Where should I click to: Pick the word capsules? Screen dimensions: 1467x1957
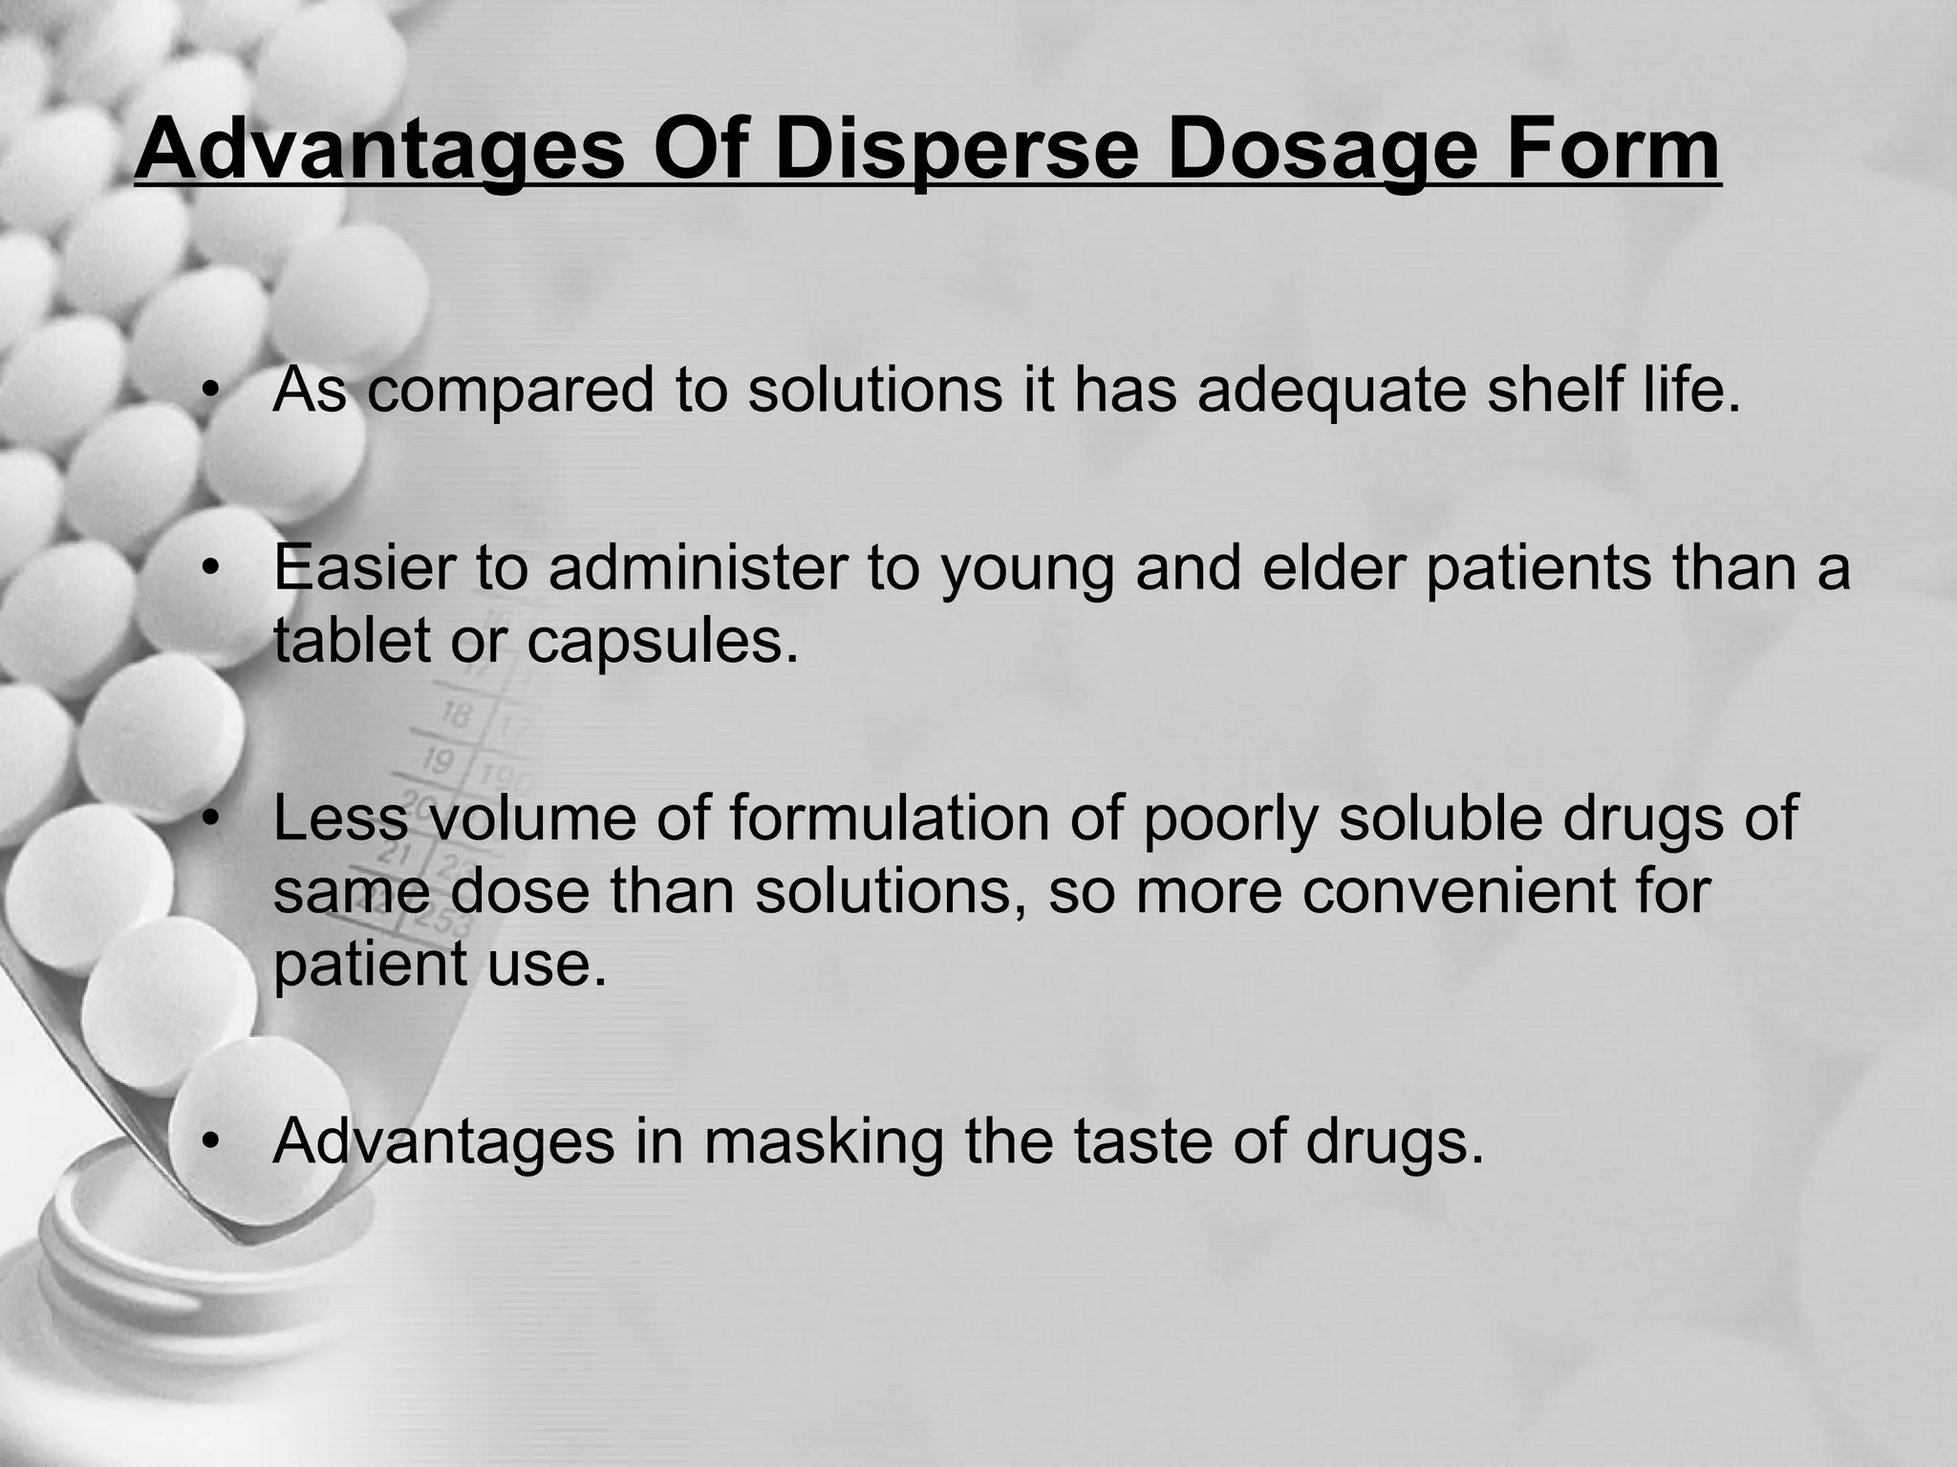coord(662,643)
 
